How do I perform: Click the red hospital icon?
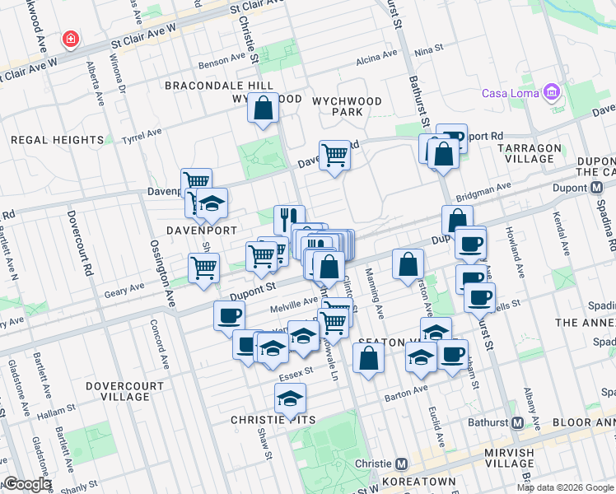72,39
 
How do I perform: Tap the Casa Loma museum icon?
551,92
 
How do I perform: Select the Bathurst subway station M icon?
517,422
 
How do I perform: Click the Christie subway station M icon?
401,464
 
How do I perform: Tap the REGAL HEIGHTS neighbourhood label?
57,140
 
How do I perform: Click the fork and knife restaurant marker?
288,219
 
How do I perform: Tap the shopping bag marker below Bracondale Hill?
264,108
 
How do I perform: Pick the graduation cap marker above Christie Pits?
289,398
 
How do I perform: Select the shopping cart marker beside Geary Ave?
203,268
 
